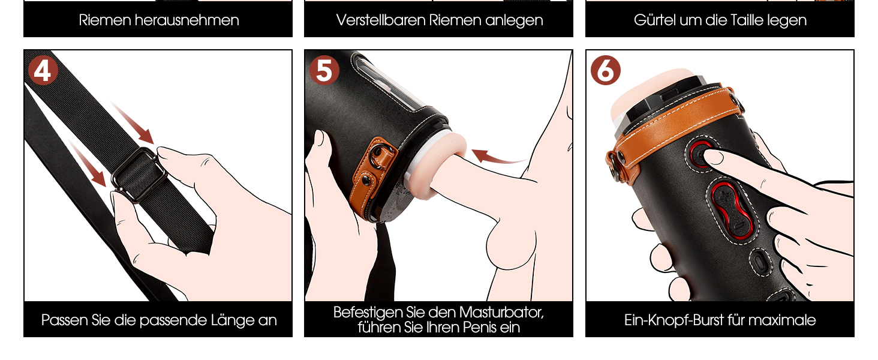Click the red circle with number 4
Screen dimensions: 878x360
(x=43, y=71)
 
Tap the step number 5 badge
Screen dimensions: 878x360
(x=324, y=71)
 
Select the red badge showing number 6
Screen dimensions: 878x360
(x=606, y=71)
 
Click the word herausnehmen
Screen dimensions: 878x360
(x=187, y=20)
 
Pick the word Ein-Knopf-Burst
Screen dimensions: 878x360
(x=673, y=320)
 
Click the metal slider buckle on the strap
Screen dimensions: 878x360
(x=139, y=175)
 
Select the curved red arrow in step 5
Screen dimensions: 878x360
(x=497, y=157)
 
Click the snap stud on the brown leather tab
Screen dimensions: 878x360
(x=366, y=180)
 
